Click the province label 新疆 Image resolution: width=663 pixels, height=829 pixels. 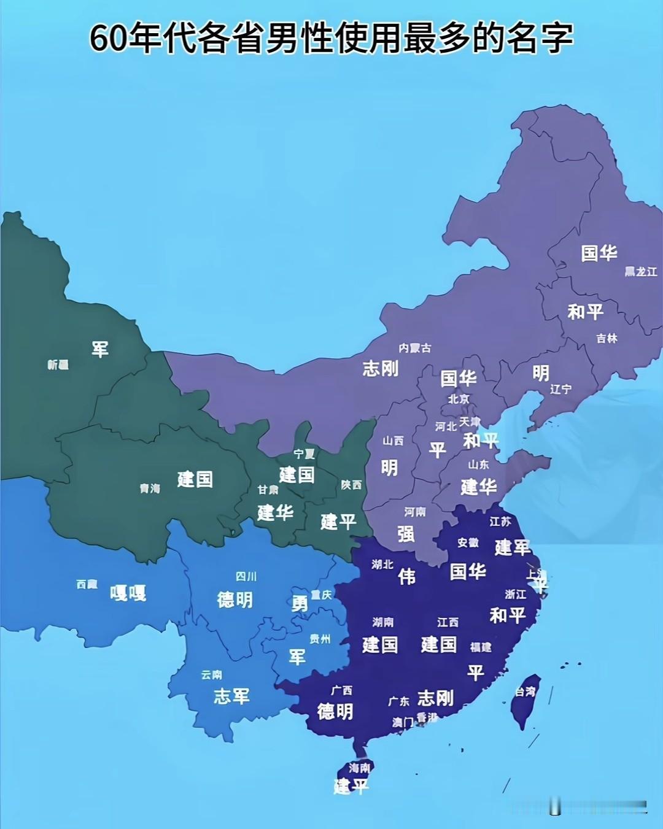click(58, 365)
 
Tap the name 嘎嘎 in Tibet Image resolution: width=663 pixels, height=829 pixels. click(128, 593)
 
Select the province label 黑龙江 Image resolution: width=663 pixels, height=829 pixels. click(640, 271)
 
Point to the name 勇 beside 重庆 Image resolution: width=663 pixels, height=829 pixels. click(300, 604)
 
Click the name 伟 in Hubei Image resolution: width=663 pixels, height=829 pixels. click(406, 576)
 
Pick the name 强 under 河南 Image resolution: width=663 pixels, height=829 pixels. click(405, 534)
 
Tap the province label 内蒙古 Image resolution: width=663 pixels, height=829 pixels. click(415, 348)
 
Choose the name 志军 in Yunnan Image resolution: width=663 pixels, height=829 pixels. click(231, 696)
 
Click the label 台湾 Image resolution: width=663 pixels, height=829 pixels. click(525, 692)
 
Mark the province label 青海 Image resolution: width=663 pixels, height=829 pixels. click(150, 488)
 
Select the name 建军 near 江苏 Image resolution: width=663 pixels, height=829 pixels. click(513, 547)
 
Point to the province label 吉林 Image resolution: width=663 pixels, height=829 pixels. click(607, 338)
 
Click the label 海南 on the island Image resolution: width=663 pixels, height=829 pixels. click(360, 768)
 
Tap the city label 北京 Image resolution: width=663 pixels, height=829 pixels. click(459, 399)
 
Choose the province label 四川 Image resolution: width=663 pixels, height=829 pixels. click(246, 577)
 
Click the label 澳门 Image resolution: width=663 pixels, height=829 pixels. click(403, 722)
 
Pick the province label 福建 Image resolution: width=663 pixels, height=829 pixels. click(481, 647)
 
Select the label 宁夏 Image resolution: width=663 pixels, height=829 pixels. click(304, 454)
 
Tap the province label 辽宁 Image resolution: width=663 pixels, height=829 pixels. click(560, 389)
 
